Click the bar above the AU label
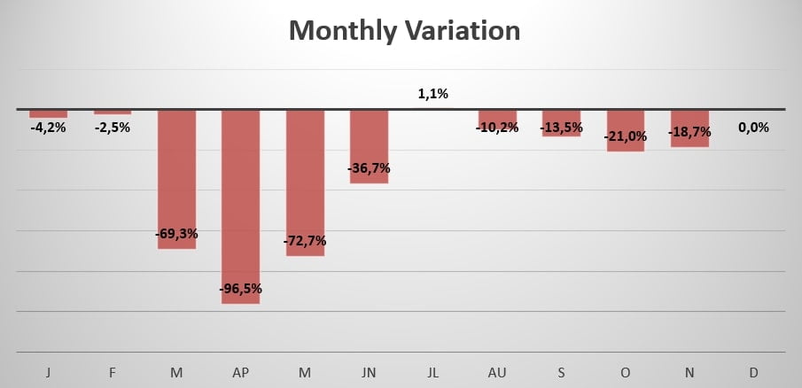click(x=497, y=117)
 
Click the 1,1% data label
click(x=433, y=93)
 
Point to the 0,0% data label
click(x=753, y=127)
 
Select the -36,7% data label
click(x=369, y=167)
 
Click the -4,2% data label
click(x=48, y=127)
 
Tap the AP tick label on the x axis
click(x=240, y=373)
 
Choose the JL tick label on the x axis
click(x=433, y=373)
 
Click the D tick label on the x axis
click(x=753, y=373)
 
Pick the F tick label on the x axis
click(x=113, y=373)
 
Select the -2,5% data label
click(x=113, y=127)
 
